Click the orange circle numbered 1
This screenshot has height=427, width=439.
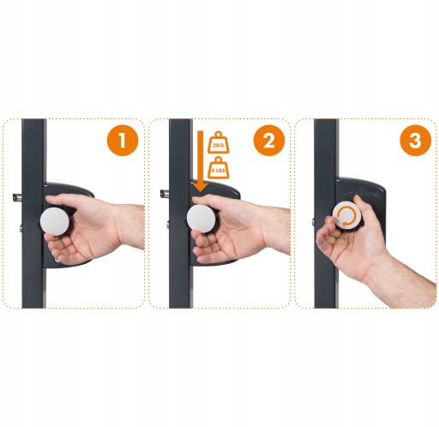[x=123, y=141]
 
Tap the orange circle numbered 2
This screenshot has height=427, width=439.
[x=269, y=141]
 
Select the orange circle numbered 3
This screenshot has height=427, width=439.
[x=415, y=141]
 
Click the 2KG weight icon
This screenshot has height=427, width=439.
[x=219, y=142]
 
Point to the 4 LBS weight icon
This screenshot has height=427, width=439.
[x=219, y=168]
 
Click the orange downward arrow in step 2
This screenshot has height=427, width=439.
[x=201, y=161]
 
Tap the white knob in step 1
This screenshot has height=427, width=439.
[x=55, y=222]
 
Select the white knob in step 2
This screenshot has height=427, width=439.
[x=201, y=219]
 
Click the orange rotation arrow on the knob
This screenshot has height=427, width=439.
[x=347, y=217]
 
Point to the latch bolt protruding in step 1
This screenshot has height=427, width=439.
[x=17, y=197]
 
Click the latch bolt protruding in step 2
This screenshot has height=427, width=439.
[x=165, y=194]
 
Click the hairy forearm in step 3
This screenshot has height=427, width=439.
[x=406, y=281]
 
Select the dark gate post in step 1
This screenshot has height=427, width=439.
[x=33, y=213]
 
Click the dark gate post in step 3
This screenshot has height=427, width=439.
[x=326, y=213]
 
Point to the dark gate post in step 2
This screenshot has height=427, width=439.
[x=180, y=213]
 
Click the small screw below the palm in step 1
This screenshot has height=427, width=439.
[x=57, y=261]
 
